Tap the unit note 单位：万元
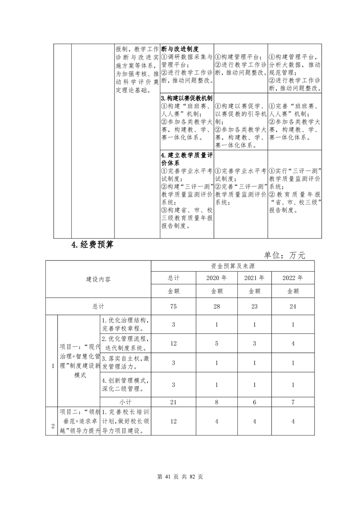point(285,255)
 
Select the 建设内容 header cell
point(99,279)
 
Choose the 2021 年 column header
point(255,278)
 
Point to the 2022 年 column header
point(293,278)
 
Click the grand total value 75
point(173,306)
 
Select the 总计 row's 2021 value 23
point(255,306)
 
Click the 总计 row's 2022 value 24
point(293,306)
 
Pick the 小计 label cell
point(126,401)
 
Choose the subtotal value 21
point(173,401)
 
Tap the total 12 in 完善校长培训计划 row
point(173,421)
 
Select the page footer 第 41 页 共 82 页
point(180,477)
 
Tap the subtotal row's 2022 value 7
point(293,401)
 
